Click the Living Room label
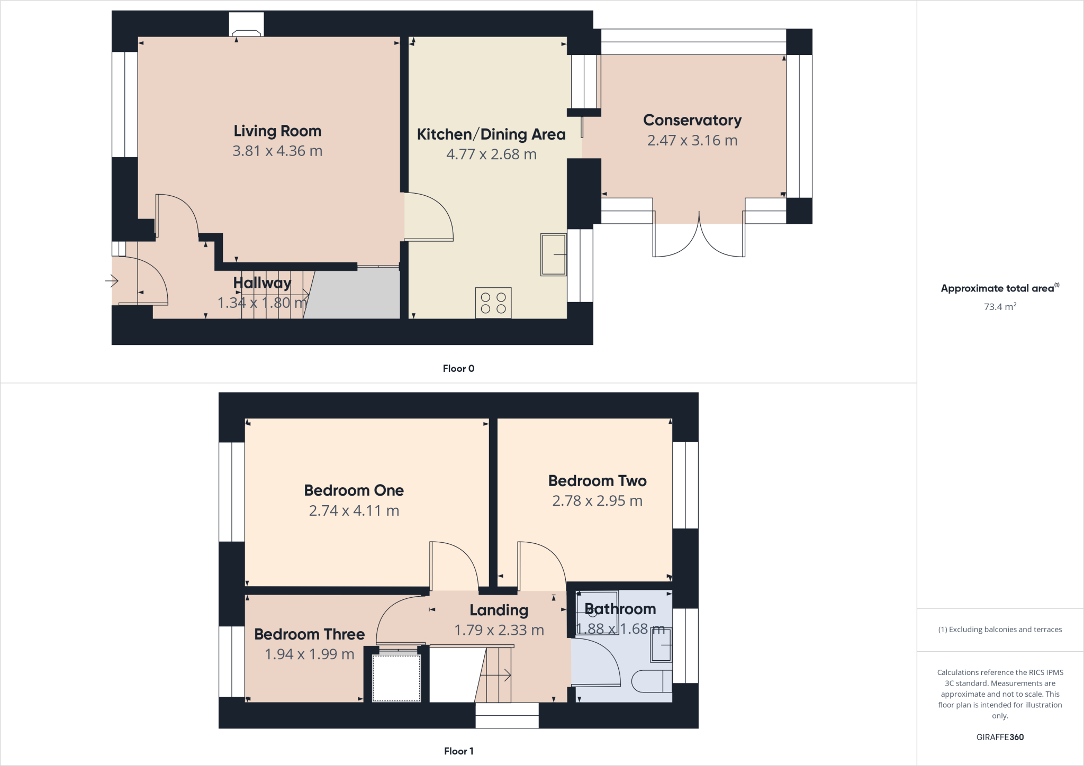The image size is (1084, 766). click(x=277, y=131)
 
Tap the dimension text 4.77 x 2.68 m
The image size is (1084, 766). click(x=491, y=154)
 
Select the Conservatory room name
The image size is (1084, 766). click(x=692, y=121)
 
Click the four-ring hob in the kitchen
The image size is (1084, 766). click(x=493, y=303)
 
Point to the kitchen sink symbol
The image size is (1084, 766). click(x=554, y=254)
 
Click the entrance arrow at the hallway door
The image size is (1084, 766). click(x=111, y=280)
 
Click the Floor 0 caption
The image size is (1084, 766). click(x=458, y=369)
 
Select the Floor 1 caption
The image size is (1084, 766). click(x=458, y=751)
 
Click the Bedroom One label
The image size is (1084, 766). click(x=354, y=490)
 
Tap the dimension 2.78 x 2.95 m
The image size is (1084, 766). click(x=597, y=501)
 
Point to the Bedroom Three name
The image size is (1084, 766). click(x=309, y=634)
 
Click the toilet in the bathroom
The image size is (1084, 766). click(x=651, y=681)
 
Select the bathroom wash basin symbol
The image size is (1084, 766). click(x=661, y=645)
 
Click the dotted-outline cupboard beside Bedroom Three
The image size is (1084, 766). click(x=396, y=678)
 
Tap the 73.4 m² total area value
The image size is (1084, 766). click(x=1000, y=307)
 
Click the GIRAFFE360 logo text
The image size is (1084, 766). click(x=1000, y=737)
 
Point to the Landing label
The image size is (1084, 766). click(x=499, y=610)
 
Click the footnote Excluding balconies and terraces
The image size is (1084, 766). click(x=1000, y=630)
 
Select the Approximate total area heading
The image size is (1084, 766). click(x=998, y=288)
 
